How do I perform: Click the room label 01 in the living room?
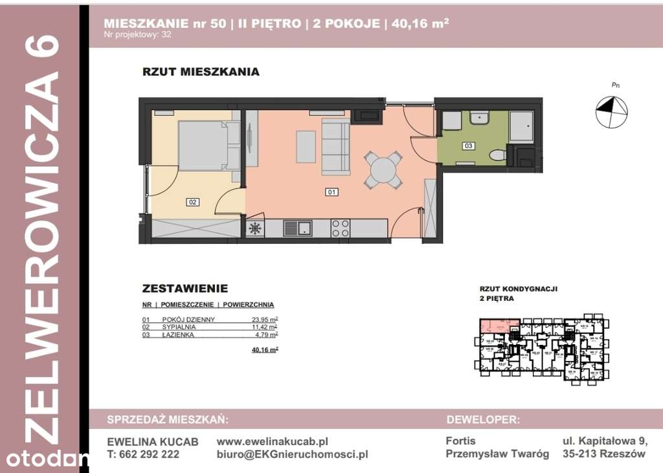(x=331, y=192)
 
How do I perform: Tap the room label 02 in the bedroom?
(x=192, y=202)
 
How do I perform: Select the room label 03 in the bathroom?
(x=467, y=146)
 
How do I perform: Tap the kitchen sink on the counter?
(x=298, y=228)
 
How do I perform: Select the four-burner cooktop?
(x=341, y=228)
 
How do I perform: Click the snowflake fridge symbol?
(x=255, y=228)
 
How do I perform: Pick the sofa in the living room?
(x=335, y=147)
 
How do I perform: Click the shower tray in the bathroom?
(x=521, y=127)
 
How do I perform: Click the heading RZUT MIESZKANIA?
(x=201, y=72)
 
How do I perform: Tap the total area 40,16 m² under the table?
(x=265, y=349)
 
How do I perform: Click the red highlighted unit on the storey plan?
(x=499, y=325)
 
